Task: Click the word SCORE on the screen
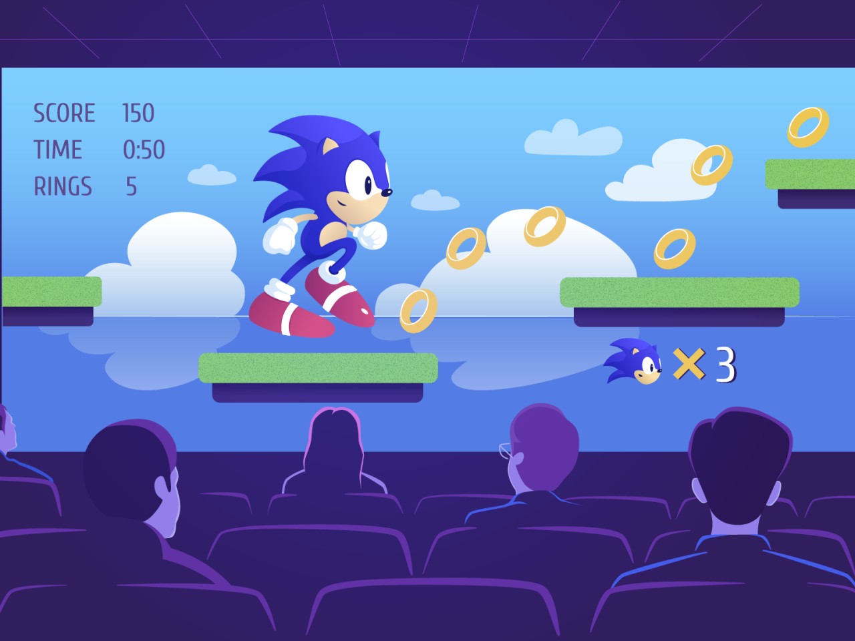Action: (64, 114)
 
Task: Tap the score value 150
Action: (138, 114)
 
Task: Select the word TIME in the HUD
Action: (58, 150)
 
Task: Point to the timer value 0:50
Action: (144, 150)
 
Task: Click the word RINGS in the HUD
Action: (63, 186)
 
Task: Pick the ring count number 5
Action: (132, 186)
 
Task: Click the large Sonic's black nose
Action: (386, 192)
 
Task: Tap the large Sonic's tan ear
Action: (329, 147)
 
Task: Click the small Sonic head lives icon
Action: (633, 361)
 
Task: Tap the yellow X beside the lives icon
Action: (689, 363)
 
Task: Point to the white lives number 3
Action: (726, 365)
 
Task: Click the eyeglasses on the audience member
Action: (506, 451)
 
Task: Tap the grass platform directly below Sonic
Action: (318, 368)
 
